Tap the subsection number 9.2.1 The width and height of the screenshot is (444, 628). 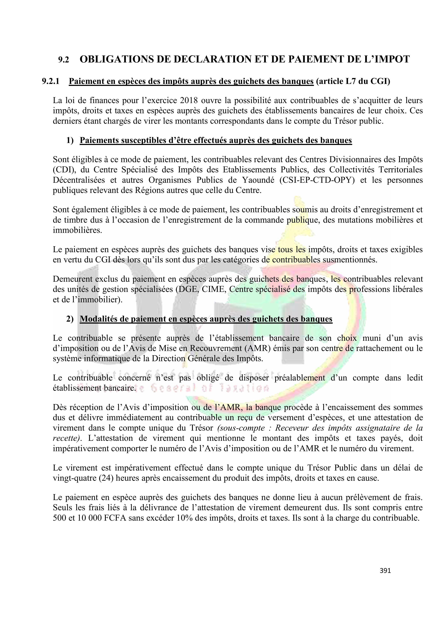click(x=51, y=81)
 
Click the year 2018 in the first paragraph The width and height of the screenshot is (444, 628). click(x=188, y=100)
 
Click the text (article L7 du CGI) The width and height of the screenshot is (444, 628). click(x=353, y=81)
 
